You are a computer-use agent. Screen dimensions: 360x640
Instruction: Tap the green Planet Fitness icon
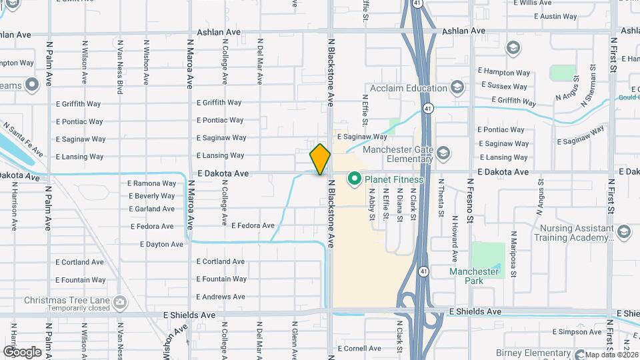point(353,179)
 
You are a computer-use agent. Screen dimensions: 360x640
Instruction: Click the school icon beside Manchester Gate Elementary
point(444,155)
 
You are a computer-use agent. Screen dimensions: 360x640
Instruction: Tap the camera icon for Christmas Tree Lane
point(120,302)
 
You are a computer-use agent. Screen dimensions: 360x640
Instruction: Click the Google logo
point(22,351)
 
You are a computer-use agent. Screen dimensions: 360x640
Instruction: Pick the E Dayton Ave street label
point(162,245)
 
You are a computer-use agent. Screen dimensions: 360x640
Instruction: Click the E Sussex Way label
point(503,87)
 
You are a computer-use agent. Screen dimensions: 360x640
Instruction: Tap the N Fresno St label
point(470,199)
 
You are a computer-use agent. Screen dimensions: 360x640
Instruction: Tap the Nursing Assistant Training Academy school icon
point(624,231)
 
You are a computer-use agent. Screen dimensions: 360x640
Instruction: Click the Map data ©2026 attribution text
point(611,355)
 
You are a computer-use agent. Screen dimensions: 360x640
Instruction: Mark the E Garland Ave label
point(152,209)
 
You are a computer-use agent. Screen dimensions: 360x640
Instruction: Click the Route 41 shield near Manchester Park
point(424,272)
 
